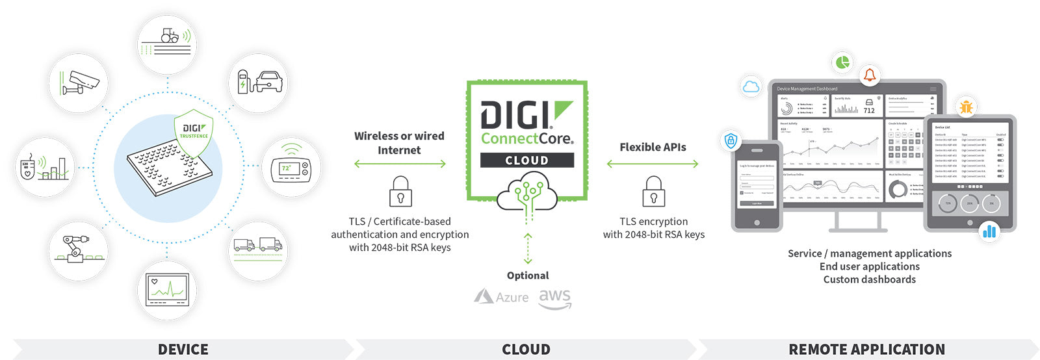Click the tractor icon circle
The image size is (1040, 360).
(x=167, y=44)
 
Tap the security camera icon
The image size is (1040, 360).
(x=79, y=83)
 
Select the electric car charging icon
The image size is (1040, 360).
(x=259, y=83)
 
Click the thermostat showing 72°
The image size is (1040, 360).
(x=291, y=167)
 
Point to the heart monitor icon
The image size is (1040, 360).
(x=168, y=290)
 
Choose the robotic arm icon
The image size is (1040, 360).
(x=78, y=250)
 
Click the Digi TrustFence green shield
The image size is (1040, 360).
(x=194, y=135)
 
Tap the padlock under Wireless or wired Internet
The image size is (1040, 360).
(x=400, y=191)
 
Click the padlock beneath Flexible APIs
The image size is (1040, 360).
(x=653, y=191)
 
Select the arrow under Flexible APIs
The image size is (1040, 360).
(x=653, y=164)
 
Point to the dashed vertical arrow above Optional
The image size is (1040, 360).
(x=528, y=249)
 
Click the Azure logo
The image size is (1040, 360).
(x=501, y=297)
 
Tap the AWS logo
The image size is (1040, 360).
(x=554, y=298)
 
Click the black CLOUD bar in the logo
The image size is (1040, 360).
(x=526, y=160)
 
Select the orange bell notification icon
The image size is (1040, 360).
(x=869, y=75)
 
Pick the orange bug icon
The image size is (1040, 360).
(x=966, y=107)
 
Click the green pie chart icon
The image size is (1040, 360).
(x=842, y=62)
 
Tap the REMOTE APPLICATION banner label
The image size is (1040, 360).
(x=866, y=350)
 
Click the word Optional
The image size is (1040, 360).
(x=528, y=276)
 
